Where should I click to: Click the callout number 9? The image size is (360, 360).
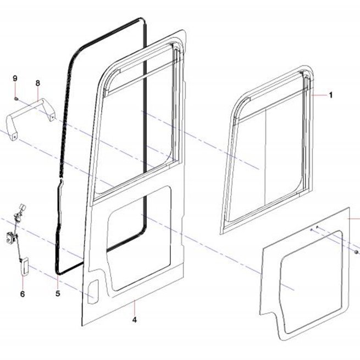coord(15,79)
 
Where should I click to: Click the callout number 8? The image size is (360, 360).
coord(38,83)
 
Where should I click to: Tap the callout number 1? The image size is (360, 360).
coord(331,95)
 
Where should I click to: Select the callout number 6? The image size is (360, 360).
coord(23,294)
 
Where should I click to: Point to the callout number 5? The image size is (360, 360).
coord(58,293)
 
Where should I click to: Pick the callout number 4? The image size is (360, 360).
coord(135,319)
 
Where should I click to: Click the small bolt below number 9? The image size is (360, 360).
coord(16,99)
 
